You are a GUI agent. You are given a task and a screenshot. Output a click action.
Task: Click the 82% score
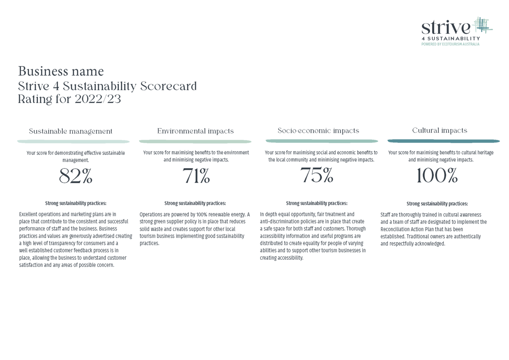pyautogui.click(x=76, y=176)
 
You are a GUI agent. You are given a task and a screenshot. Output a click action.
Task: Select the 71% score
pyautogui.click(x=196, y=176)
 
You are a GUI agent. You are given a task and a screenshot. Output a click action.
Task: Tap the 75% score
pyautogui.click(x=317, y=175)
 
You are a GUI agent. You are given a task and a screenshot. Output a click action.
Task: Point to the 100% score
pyautogui.click(x=437, y=176)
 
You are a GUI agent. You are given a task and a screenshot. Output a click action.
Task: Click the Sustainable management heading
pyautogui.click(x=71, y=131)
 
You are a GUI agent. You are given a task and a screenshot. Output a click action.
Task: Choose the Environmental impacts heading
pyautogui.click(x=195, y=131)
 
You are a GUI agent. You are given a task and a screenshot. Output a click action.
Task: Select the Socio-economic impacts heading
pyautogui.click(x=318, y=130)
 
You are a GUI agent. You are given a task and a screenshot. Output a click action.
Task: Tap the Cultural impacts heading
pyautogui.click(x=439, y=130)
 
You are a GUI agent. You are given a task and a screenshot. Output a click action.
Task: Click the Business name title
pyautogui.click(x=61, y=71)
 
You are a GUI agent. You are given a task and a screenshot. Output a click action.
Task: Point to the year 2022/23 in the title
pyautogui.click(x=98, y=99)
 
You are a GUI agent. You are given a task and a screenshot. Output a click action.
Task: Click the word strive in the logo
pyautogui.click(x=445, y=27)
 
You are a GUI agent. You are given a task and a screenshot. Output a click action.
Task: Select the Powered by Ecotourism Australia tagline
pyautogui.click(x=450, y=44)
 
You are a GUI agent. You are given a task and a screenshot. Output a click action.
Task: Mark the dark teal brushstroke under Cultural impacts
pyautogui.click(x=443, y=141)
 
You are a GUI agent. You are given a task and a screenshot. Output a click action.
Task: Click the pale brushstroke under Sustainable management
pyautogui.click(x=73, y=142)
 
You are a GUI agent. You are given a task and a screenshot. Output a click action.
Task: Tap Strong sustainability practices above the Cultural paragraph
pyautogui.click(x=437, y=204)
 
